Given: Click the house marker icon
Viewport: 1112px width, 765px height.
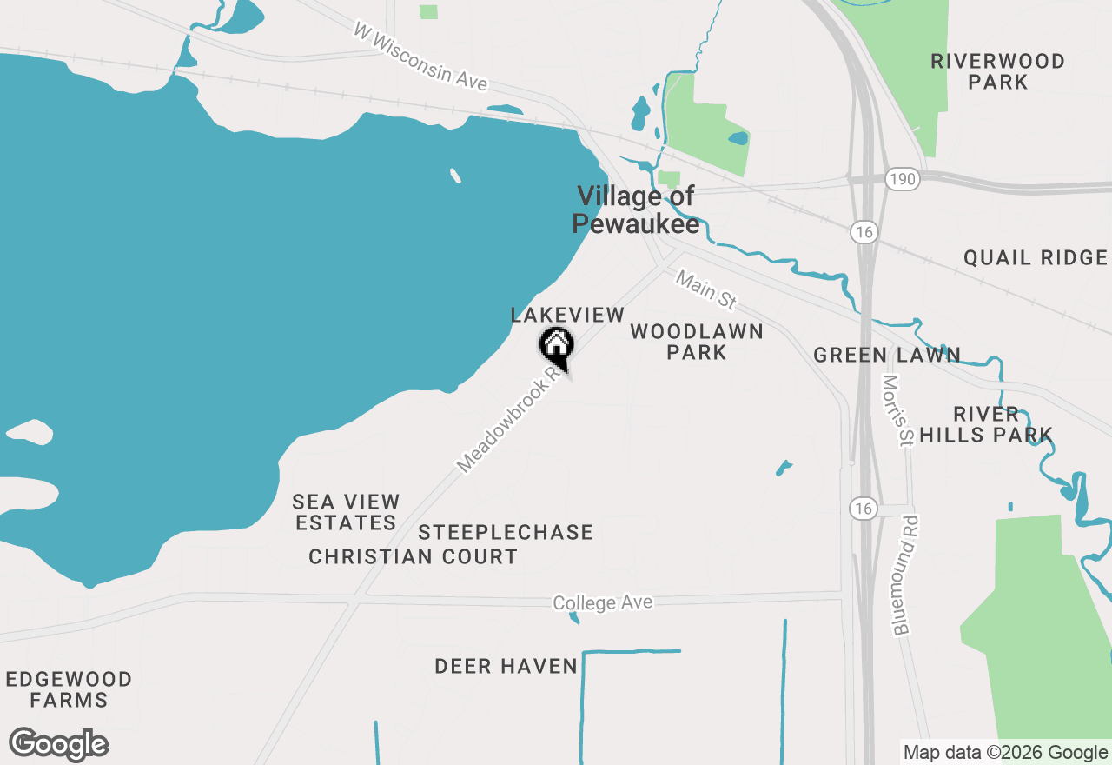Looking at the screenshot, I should [x=556, y=345].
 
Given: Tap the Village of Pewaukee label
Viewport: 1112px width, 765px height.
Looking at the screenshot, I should [x=636, y=210].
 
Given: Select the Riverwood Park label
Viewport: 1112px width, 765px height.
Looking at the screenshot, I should [x=997, y=71].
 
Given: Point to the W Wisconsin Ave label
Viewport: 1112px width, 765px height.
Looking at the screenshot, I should [x=420, y=57].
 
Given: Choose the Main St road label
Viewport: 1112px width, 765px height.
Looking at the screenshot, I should [x=706, y=290].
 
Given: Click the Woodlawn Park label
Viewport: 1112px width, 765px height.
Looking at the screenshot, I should [x=697, y=342].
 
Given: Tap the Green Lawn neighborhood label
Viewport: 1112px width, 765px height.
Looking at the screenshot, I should [x=887, y=355].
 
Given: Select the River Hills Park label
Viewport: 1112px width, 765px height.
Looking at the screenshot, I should [x=986, y=424].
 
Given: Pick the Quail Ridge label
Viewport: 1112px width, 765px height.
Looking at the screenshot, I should [x=1036, y=257].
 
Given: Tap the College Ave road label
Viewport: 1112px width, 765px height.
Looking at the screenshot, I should [x=603, y=602].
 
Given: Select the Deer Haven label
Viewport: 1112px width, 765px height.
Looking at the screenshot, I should [x=506, y=667].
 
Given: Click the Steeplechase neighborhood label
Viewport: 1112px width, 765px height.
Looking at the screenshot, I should [x=506, y=532].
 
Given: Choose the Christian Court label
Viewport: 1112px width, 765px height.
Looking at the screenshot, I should [x=414, y=556].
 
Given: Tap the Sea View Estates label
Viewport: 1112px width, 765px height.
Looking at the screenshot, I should [x=346, y=512].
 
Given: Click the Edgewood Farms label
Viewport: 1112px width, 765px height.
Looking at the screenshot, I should [x=69, y=689].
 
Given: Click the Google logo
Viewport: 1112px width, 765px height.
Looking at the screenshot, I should [x=59, y=745].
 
